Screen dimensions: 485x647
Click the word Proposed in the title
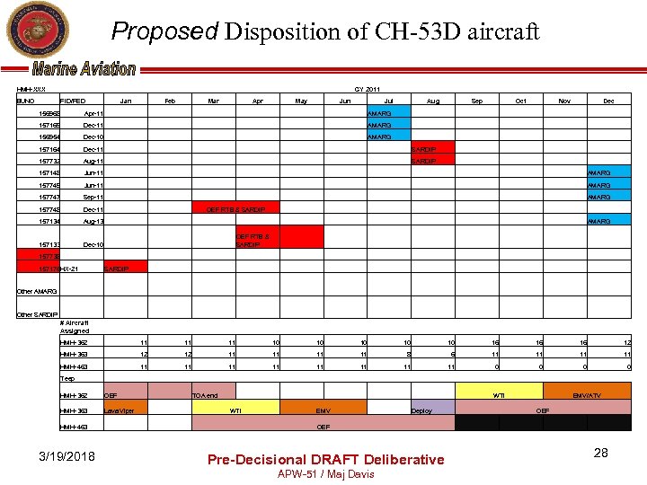[x=164, y=31]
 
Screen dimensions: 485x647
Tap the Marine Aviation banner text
[x=84, y=69]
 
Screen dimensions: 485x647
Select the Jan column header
[x=126, y=101]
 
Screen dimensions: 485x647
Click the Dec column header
[x=608, y=101]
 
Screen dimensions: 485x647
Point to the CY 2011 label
[x=366, y=89]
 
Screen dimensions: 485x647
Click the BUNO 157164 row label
[x=49, y=149]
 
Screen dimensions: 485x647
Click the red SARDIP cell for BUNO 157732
[x=432, y=161]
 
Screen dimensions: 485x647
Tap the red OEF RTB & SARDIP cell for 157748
[x=235, y=208]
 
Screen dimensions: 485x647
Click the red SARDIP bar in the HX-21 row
[x=124, y=268]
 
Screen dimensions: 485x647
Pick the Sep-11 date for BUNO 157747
[x=93, y=197]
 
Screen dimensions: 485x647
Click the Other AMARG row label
[x=37, y=291]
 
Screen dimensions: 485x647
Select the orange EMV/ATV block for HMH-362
[x=589, y=395]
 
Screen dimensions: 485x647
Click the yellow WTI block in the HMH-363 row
[x=235, y=410]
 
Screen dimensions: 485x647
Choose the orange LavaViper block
[x=124, y=410]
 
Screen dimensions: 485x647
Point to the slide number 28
[x=600, y=453]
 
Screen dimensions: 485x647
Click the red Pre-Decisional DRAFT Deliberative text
[x=325, y=459]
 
